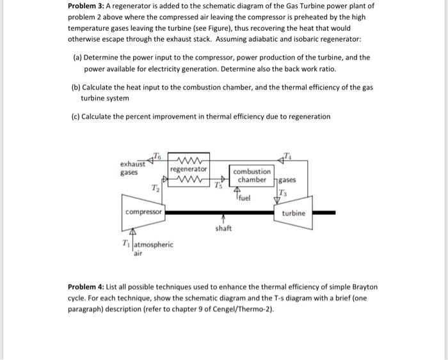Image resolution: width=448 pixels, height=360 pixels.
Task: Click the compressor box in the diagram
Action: pos(144,212)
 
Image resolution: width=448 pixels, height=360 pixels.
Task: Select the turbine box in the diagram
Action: pos(294,213)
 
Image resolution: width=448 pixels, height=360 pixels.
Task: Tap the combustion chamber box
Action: pos(252,176)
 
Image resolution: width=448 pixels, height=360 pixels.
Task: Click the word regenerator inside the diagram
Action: pos(189,169)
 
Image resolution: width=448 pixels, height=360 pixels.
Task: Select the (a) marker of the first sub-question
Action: pos(77,57)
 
